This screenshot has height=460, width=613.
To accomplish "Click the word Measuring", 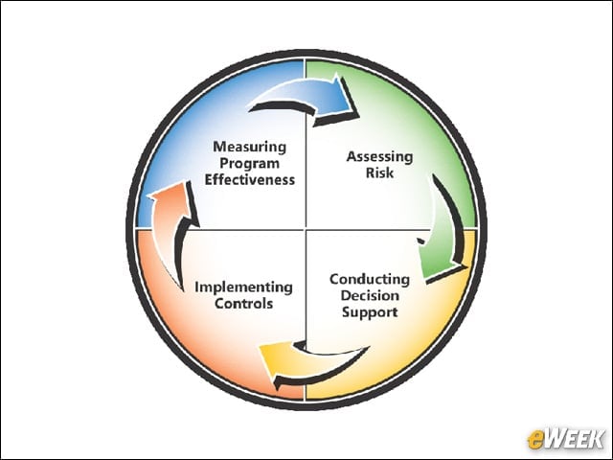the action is tap(249, 148).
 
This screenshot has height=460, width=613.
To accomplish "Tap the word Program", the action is tap(249, 164).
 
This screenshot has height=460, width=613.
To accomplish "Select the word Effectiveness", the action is tap(250, 180).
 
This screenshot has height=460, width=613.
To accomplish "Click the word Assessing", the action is tap(379, 157).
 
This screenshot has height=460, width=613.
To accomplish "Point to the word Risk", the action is tap(379, 172).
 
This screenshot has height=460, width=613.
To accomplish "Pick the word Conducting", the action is tap(370, 280).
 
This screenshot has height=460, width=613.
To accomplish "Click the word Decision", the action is tap(370, 296).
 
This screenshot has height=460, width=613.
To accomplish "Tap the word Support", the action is tap(370, 312).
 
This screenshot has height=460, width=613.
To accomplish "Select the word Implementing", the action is tap(243, 287).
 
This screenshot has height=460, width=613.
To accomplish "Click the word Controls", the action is tap(243, 304).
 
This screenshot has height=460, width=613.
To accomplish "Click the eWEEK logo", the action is tap(565, 439).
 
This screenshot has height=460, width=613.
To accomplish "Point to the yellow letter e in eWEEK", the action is tap(535, 440).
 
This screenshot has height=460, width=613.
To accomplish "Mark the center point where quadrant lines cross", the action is tap(306, 229).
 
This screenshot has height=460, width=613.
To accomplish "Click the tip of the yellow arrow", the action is tap(260, 347).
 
